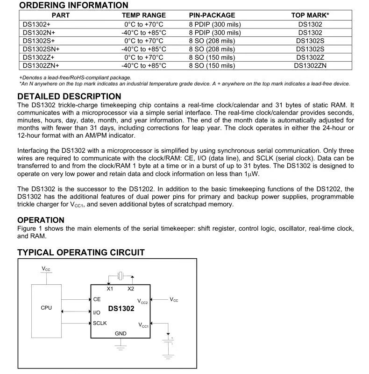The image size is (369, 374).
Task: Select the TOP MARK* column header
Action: point(310,15)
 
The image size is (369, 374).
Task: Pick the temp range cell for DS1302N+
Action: point(143,33)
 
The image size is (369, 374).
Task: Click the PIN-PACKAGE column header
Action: point(212,15)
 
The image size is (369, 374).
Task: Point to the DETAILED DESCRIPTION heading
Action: point(69,97)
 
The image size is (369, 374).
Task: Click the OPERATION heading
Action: point(41,220)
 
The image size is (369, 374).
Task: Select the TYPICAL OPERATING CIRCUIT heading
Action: point(81,253)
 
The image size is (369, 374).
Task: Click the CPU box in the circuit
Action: point(46,308)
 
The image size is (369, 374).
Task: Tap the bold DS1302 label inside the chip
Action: point(121,309)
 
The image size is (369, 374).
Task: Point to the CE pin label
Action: point(97,299)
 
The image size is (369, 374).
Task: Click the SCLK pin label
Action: point(99,323)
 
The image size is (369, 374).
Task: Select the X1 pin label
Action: point(110,289)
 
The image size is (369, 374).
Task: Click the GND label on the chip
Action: point(121,333)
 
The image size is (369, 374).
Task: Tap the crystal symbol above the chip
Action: point(120,275)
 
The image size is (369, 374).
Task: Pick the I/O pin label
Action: point(97,312)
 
